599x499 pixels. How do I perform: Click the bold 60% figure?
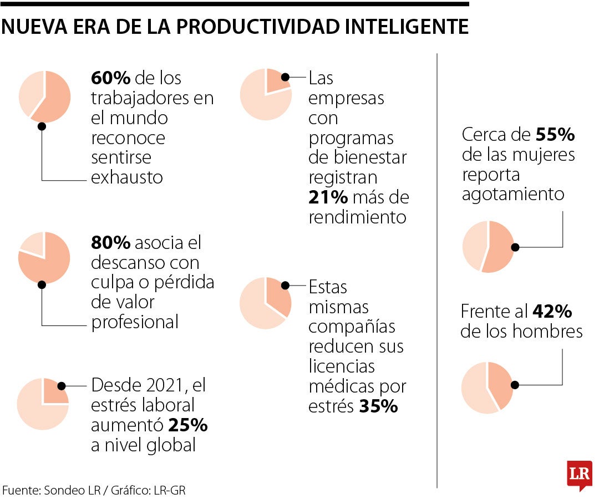110,78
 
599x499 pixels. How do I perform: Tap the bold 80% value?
111,243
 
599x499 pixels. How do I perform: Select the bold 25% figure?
187,425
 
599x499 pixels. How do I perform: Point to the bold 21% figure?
328,197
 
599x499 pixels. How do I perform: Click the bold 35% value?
378,406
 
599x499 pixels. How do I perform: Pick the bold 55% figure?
555,135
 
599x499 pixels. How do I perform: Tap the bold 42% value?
552,312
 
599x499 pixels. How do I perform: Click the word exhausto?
127,177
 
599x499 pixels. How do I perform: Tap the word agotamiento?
513,195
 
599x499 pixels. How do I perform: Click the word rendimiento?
357,217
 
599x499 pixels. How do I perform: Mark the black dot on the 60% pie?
42,126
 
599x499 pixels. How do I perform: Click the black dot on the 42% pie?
515,384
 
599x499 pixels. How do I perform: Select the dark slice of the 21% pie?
276,80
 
